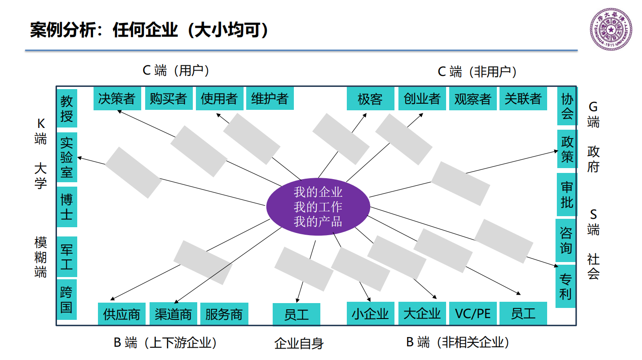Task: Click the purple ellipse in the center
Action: (x=318, y=207)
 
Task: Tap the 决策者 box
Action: (x=117, y=98)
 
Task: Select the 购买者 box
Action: (x=168, y=98)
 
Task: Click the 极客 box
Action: (x=370, y=99)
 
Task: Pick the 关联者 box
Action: (x=523, y=98)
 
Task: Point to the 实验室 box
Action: (x=67, y=157)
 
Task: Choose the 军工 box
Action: (x=67, y=257)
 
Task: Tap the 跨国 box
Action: (x=67, y=299)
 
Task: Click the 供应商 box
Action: (x=121, y=314)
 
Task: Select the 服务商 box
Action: (x=224, y=314)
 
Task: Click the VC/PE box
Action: (x=472, y=313)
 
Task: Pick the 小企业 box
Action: (x=370, y=313)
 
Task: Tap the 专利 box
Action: (x=565, y=286)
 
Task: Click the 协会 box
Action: (x=567, y=106)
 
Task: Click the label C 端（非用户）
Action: (x=477, y=71)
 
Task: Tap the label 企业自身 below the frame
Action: (x=299, y=343)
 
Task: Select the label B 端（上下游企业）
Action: (x=165, y=342)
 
